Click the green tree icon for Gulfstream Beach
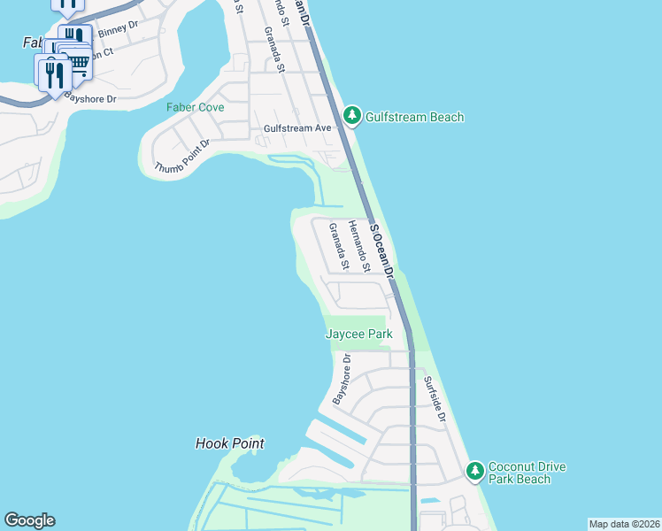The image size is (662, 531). pos(352,115)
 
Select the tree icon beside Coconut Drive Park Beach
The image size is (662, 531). pos(475,471)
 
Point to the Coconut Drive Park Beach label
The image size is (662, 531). pos(527,473)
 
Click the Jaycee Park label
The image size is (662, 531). pos(358,334)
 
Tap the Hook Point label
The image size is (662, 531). pos(229,443)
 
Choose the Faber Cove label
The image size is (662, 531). pos(196,107)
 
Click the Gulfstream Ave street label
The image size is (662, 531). pos(297,128)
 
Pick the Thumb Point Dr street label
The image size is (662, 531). pos(182,156)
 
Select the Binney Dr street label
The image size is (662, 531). pos(119,32)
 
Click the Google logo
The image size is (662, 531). pos(29,520)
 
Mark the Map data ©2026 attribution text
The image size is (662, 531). pos(624,524)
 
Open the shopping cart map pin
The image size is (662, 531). pos(80,62)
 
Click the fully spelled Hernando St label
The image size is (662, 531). pos(358,246)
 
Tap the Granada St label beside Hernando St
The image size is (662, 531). pos(338,247)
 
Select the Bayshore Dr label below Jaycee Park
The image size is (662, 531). pos(342,380)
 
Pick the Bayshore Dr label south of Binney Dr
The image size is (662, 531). pos(93,99)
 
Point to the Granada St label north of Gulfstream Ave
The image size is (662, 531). pos(273,50)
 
